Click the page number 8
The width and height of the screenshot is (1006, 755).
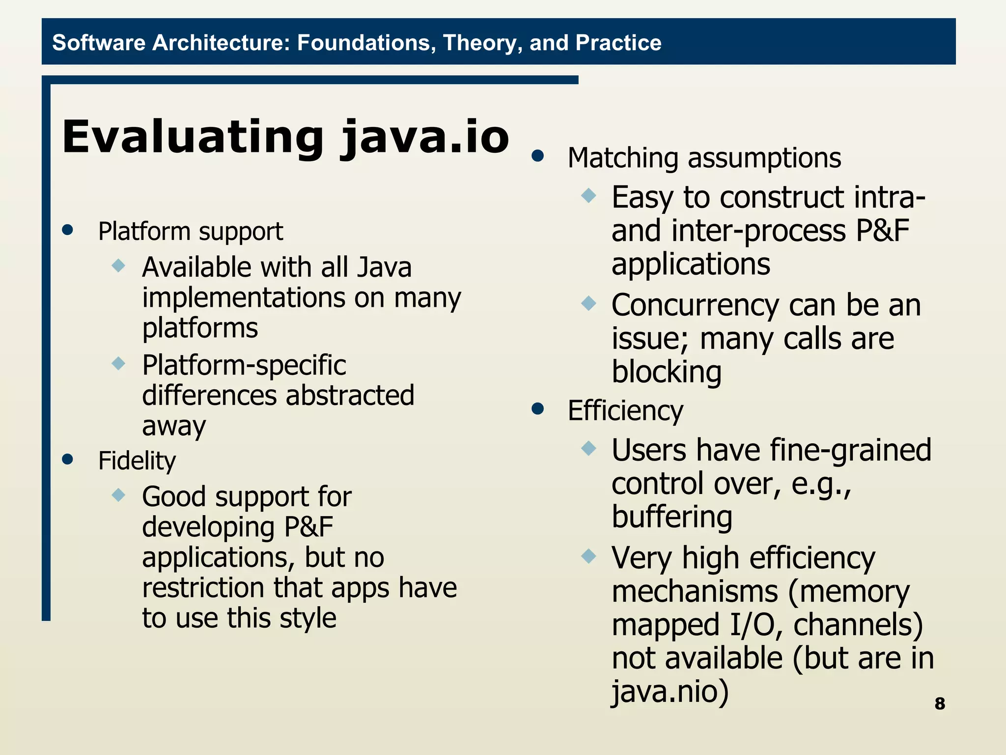coord(939,703)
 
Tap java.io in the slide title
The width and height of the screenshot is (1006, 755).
coord(425,138)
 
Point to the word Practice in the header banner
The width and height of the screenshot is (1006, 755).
coord(618,43)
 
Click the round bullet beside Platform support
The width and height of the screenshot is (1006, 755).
coord(68,230)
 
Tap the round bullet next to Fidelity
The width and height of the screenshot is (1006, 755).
coord(68,459)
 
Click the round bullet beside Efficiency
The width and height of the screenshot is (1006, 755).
coord(538,408)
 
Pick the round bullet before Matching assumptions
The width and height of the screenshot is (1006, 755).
coord(538,156)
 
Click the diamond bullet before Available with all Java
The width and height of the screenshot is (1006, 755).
coord(118,266)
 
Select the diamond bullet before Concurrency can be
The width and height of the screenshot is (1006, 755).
coord(588,303)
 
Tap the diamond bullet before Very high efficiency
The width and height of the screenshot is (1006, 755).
coord(588,556)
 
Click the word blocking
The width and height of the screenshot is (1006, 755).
coord(666,372)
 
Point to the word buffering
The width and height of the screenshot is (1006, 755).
coord(672,517)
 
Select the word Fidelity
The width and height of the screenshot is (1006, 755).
coord(137,461)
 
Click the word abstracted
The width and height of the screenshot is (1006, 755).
coord(350,395)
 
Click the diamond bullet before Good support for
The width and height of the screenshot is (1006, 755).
coord(118,494)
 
